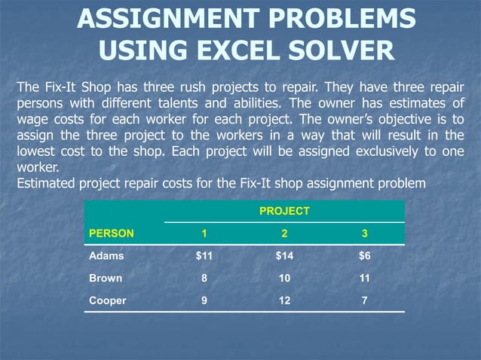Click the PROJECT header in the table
click(284, 212)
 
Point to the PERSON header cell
click(112, 233)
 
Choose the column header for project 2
click(284, 233)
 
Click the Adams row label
click(107, 256)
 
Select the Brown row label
click(106, 278)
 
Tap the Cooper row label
click(109, 300)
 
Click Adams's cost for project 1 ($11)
click(204, 256)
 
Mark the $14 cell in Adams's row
click(284, 256)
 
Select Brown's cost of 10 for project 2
click(284, 278)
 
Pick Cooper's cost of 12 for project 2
click(284, 300)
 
